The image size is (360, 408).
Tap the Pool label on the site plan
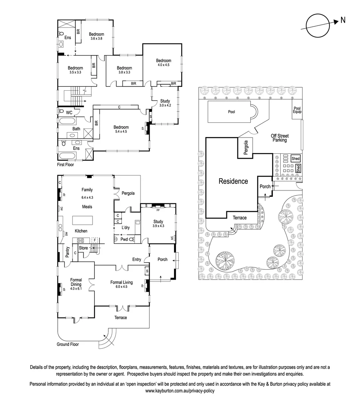(232, 112)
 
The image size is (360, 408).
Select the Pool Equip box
(297, 110)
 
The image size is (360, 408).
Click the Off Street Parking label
(279, 138)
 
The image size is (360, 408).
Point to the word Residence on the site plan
(233, 181)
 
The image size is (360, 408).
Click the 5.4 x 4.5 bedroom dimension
(121, 132)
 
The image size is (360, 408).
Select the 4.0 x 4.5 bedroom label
(164, 65)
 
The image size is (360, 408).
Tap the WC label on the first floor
(69, 113)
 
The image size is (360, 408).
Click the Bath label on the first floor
(76, 129)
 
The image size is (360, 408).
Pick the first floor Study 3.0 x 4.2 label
(165, 103)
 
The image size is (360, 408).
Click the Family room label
(87, 190)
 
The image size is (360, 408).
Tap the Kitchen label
(81, 231)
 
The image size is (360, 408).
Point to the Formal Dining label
(76, 282)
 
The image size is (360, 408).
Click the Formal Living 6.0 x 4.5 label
(121, 284)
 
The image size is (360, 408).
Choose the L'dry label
(126, 228)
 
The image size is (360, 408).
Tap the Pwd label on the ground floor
(124, 239)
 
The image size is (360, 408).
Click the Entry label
(136, 260)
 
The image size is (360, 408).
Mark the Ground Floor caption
(68, 344)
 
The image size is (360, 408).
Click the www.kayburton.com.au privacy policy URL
(180, 391)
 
